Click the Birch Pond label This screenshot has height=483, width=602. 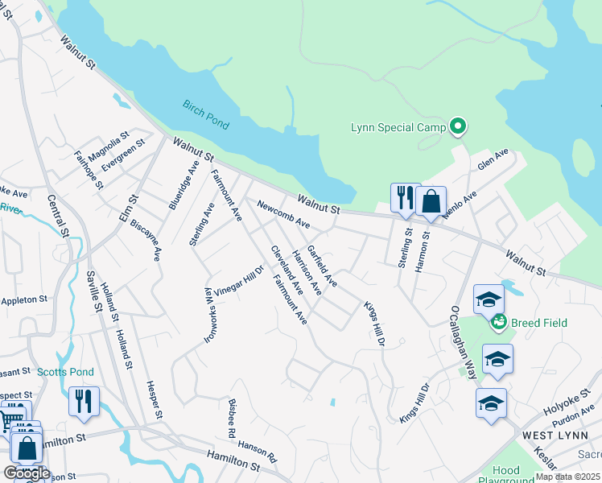point(205,114)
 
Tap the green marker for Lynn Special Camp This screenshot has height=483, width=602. point(458,126)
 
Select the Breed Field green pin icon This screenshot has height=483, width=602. point(498,322)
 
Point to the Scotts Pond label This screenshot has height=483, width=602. point(65,372)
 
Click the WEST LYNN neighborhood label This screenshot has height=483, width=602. point(551,435)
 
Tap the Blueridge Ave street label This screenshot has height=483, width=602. point(183,185)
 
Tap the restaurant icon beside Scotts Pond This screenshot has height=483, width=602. point(84,401)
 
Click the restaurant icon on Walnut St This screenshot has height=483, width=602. point(405,197)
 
